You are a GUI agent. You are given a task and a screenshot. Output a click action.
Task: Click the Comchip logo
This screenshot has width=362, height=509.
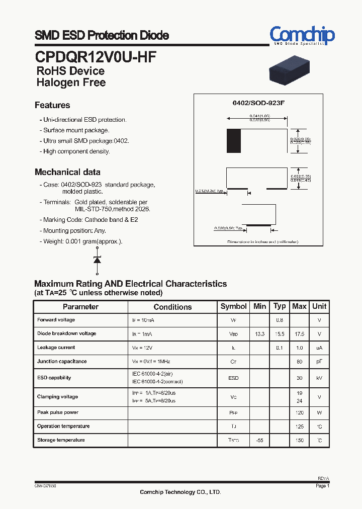(302, 35)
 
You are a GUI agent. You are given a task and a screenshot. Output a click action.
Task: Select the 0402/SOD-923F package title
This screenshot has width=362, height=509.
(258, 103)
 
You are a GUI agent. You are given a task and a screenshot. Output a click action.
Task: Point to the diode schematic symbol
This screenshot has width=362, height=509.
(97, 260)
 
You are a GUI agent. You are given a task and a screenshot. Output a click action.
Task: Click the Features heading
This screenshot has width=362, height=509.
(52, 105)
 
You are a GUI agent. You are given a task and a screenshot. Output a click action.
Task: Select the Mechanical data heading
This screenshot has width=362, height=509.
(67, 172)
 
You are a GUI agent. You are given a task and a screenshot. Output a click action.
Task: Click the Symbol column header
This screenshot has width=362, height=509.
(234, 306)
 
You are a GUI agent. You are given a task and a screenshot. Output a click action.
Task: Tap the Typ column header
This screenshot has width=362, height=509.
(280, 306)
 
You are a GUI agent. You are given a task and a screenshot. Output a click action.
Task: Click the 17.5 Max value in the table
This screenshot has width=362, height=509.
(299, 334)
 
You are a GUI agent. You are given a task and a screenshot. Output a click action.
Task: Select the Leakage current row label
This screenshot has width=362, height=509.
(56, 348)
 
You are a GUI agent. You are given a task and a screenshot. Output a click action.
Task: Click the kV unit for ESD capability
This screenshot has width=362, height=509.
(319, 378)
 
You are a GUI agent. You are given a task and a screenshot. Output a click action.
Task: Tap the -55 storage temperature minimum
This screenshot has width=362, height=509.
(259, 441)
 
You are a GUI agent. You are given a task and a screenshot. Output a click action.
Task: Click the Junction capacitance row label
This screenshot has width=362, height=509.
(62, 362)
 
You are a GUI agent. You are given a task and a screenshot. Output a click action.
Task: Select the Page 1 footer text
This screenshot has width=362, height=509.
(322, 486)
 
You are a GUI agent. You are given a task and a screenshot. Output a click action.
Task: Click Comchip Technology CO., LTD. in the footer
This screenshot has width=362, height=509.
(180, 492)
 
